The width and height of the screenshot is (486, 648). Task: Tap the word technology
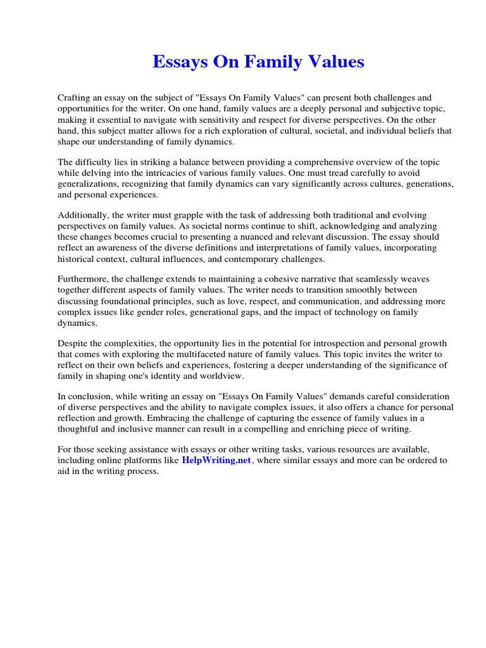pyautogui.click(x=358, y=313)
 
